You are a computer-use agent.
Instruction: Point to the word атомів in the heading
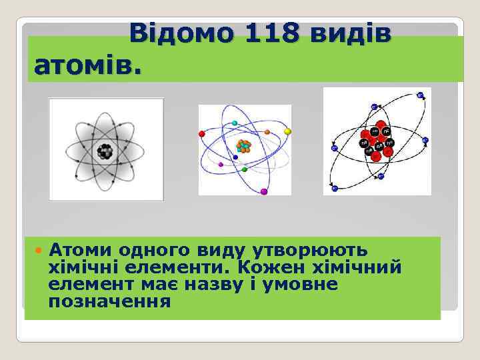point(87,65)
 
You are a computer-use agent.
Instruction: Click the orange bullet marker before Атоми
point(39,250)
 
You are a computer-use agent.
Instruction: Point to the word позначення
point(109,302)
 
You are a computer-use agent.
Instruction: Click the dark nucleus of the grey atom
point(105,151)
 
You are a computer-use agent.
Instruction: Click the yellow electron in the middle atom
point(287,132)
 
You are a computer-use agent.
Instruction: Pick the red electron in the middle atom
point(202,133)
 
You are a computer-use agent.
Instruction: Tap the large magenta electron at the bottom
point(264,192)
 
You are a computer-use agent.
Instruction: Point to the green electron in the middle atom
point(245,170)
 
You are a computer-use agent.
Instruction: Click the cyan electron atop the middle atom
point(235,123)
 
